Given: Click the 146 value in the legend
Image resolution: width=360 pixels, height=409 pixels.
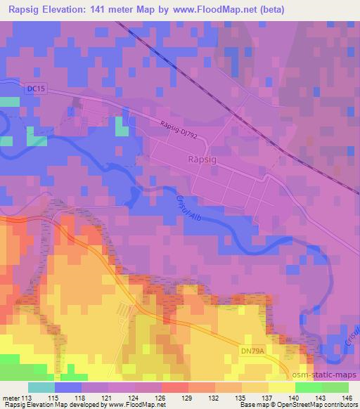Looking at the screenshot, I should [x=347, y=397].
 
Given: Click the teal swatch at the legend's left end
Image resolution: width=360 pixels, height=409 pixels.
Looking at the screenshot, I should [x=41, y=387].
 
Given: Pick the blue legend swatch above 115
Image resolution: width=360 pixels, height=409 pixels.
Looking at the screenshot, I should [x=67, y=387].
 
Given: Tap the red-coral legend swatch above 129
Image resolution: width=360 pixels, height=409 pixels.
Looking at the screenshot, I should [x=175, y=387].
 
